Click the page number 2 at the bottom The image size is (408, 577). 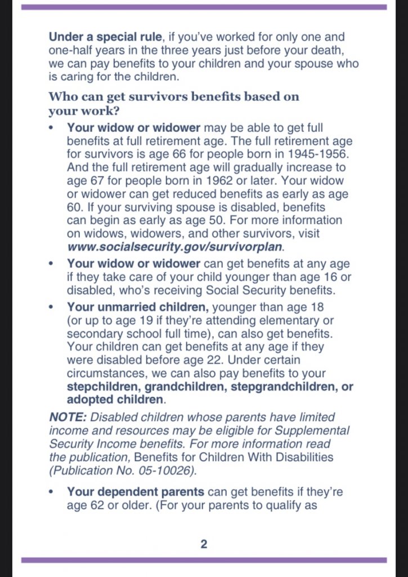coord(204,544)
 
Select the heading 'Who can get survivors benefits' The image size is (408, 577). coord(174,96)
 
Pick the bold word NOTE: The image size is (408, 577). coord(68,418)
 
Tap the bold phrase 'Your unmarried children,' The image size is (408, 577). coord(138,307)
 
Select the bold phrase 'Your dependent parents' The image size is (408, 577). coord(135,492)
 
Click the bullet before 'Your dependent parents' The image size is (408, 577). coord(52,492)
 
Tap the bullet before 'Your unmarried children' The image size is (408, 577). coord(52,308)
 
